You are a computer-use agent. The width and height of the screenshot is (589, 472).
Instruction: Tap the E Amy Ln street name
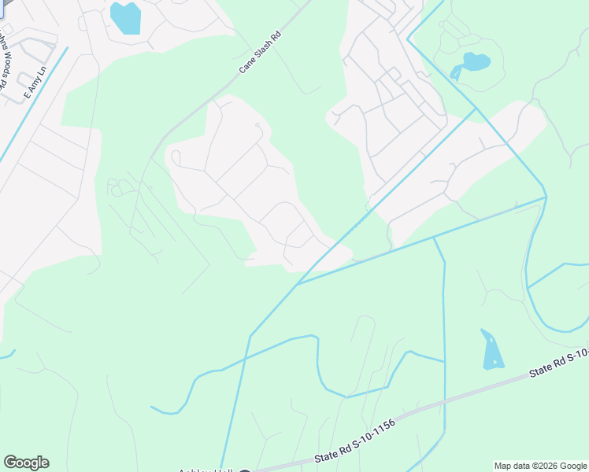click(x=35, y=82)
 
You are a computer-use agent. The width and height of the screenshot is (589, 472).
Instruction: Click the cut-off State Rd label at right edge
click(x=559, y=364)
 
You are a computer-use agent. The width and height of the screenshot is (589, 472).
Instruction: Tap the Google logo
click(x=26, y=463)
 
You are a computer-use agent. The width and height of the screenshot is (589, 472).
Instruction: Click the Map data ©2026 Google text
click(x=540, y=466)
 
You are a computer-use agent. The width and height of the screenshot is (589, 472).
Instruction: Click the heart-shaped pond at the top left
click(x=125, y=17)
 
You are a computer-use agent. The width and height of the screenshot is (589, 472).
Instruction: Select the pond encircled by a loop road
click(x=476, y=61)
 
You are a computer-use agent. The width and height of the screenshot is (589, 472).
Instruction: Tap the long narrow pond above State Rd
click(x=491, y=351)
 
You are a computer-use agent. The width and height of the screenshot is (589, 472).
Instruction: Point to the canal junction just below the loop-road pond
click(x=476, y=109)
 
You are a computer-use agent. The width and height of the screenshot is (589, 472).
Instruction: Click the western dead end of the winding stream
click(x=152, y=407)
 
